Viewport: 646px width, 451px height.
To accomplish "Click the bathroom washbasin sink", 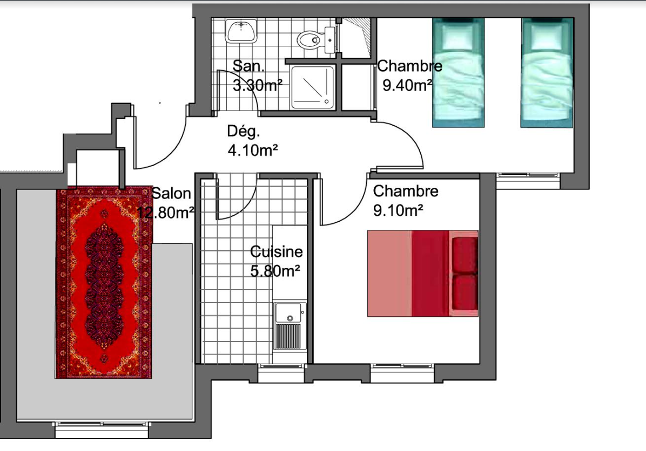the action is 241,31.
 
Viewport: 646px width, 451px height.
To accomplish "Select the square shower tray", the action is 312,87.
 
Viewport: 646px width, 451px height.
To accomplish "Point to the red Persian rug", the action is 104,282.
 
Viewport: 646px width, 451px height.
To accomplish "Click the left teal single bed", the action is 458,72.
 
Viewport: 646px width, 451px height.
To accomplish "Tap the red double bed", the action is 423,273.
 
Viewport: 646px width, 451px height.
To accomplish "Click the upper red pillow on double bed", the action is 465,255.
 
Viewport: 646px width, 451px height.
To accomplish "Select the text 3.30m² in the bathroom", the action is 258,85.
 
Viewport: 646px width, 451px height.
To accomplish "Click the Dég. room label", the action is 244,132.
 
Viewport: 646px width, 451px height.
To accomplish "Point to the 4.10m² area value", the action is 253,150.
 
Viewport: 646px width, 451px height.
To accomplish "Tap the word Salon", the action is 171,194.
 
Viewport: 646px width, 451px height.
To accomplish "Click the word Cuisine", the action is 277,251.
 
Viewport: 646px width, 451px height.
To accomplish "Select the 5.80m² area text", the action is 275,271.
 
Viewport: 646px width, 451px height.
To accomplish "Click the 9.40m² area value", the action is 407,85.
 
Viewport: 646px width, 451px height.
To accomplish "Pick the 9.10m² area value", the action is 398,210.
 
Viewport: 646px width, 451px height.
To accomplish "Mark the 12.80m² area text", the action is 165,213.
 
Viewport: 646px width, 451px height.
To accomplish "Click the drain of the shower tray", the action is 326,101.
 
